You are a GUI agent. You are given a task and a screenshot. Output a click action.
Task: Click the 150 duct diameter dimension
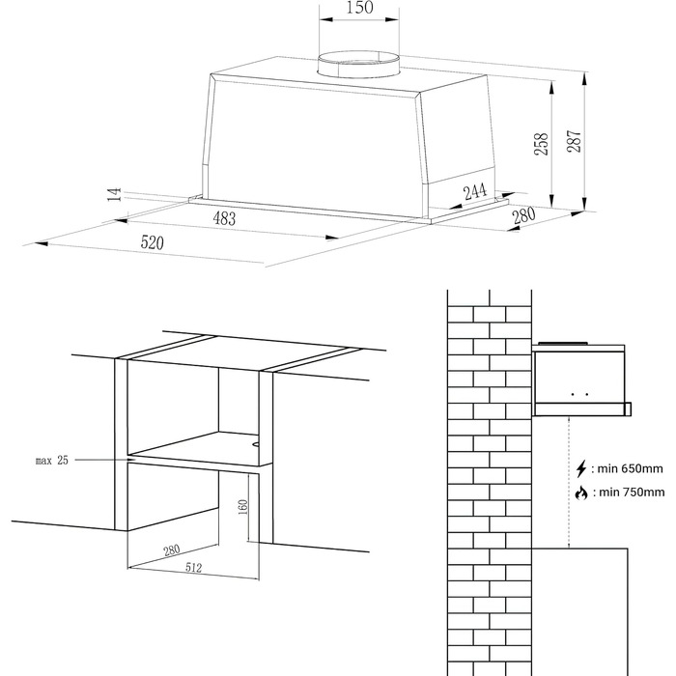[359, 8]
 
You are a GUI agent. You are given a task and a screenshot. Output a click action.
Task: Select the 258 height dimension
[541, 144]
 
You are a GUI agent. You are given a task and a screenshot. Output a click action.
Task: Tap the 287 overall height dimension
[574, 141]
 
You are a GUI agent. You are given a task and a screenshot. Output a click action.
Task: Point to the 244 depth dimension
[475, 191]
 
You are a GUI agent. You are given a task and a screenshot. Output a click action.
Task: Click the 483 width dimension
[224, 218]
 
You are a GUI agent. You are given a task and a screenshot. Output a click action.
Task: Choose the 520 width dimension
[153, 242]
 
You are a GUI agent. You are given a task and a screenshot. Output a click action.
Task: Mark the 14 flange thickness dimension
[114, 195]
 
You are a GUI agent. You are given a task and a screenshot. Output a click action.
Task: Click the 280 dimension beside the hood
[523, 215]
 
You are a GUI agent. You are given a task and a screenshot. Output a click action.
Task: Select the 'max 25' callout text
[52, 461]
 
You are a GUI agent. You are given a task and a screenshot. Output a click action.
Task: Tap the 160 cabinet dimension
[242, 507]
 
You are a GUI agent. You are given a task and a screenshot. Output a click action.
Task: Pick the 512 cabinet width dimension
[193, 568]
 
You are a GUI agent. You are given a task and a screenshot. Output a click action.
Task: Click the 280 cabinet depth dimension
[171, 550]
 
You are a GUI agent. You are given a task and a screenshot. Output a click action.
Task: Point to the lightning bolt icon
[581, 468]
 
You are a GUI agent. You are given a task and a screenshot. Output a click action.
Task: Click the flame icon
[581, 493]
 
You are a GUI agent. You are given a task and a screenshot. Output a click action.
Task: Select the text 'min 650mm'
[631, 468]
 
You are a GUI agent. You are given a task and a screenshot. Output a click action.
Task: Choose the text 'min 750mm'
[632, 492]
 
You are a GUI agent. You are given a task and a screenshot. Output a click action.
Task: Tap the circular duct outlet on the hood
[358, 65]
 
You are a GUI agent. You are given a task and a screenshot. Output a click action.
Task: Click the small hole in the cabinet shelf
[255, 443]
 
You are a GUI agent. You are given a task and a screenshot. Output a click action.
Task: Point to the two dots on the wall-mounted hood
[579, 394]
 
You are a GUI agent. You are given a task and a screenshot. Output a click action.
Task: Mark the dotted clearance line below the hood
[569, 482]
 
